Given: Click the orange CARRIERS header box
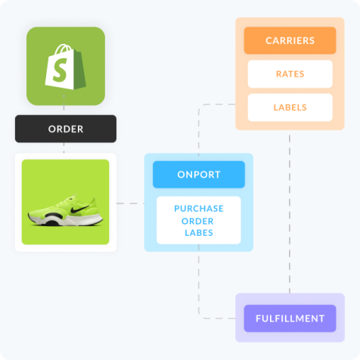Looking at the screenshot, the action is point(290,41).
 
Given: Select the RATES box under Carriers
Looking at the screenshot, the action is point(290,74).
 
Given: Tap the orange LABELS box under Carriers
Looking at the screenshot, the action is point(290,107).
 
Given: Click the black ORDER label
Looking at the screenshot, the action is point(66,129).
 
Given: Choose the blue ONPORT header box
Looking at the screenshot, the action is point(199,175).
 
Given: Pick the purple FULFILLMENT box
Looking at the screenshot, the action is point(290,318).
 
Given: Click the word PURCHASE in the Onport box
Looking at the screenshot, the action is point(199,209).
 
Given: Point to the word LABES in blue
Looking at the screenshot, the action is point(199,233).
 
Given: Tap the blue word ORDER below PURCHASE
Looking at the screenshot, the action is point(197,221).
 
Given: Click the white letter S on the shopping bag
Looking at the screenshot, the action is point(60,70).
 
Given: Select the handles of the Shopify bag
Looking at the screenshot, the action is point(64,48).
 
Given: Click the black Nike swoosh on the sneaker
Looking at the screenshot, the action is point(79,209).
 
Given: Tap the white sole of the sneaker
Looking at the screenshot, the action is point(66,220).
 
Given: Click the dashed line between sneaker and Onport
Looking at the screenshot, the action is point(130,203).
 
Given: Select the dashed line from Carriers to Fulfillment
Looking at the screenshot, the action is point(290,214).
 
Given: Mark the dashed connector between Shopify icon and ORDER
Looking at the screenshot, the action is point(64,102).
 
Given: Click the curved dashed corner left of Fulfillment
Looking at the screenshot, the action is point(203,315).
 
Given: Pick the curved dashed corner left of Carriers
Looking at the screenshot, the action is point(203,108).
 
